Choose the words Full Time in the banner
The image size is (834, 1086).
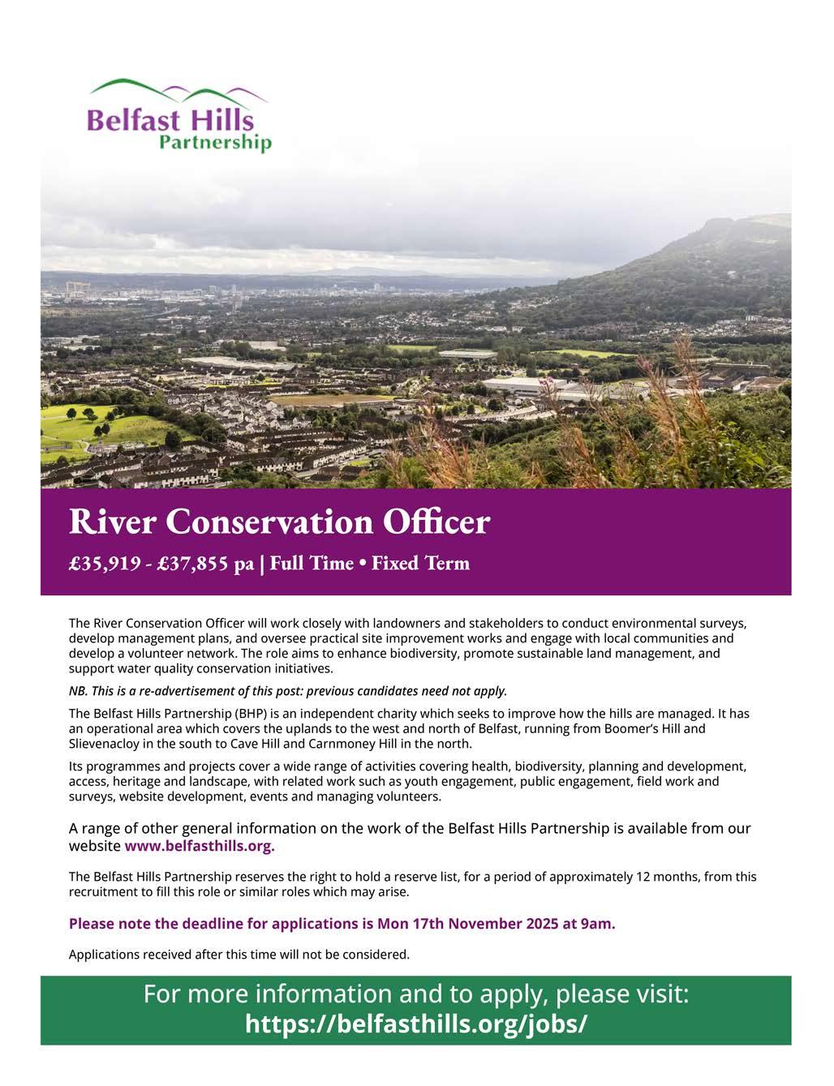point(312,564)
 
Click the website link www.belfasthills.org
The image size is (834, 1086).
point(200,846)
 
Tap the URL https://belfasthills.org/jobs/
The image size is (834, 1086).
point(415,1024)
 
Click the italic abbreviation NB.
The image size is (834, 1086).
point(78,691)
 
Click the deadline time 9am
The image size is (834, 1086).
point(598,924)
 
